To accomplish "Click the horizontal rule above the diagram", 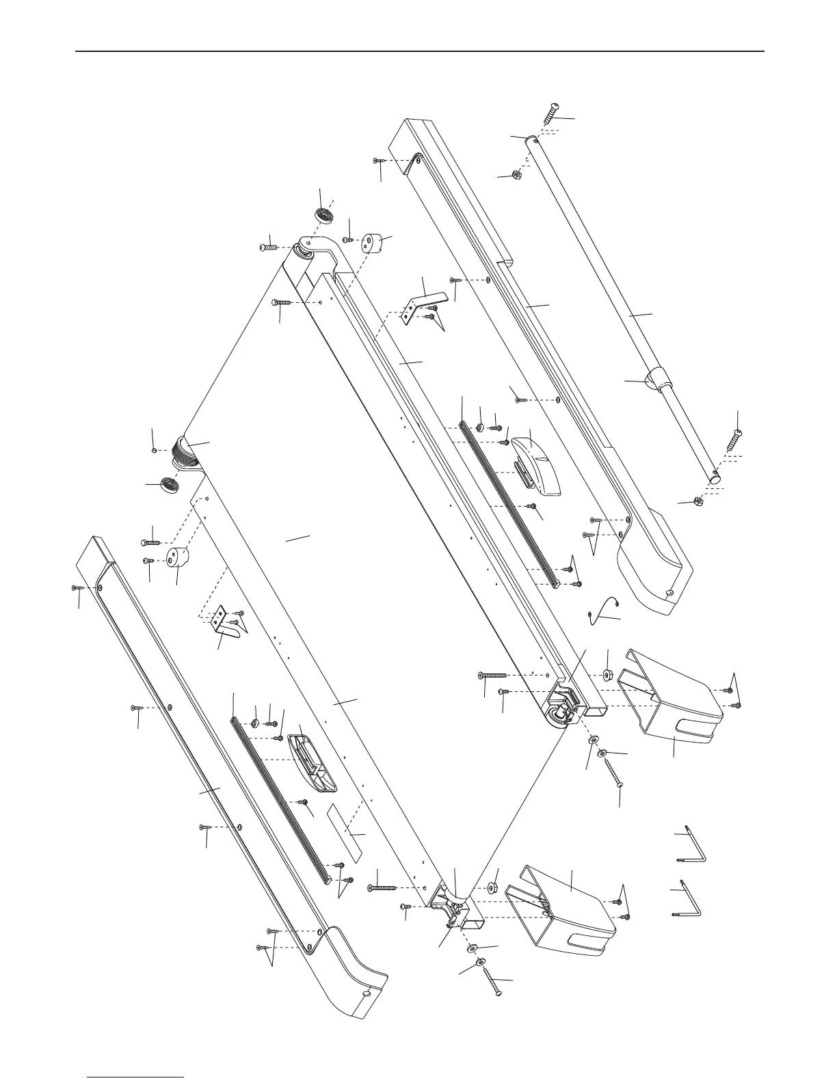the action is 418,51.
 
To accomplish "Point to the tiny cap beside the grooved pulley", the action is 155,449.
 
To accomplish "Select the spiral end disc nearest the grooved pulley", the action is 167,485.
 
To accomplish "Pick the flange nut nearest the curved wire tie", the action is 607,676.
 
